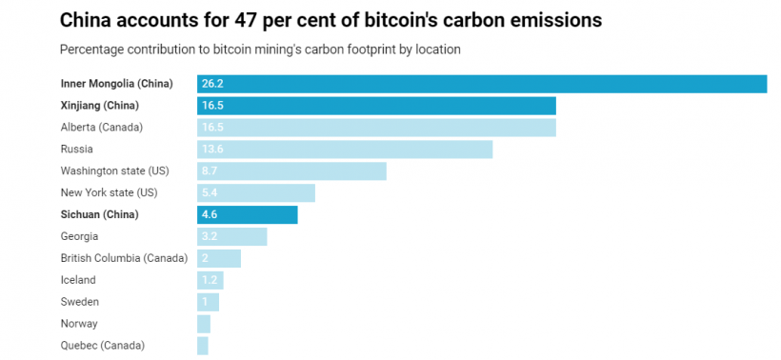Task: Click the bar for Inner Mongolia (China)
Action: (482, 84)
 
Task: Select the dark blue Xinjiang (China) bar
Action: (376, 106)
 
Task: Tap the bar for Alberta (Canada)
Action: (376, 128)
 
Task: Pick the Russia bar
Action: (345, 150)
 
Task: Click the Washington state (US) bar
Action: (291, 171)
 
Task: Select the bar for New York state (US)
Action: (256, 193)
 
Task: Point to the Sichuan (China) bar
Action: (248, 215)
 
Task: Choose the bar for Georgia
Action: (232, 237)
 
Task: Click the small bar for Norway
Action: (204, 324)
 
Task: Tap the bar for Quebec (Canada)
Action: (203, 346)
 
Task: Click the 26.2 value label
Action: (212, 84)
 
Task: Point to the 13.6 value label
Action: (212, 150)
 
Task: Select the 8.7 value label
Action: (210, 171)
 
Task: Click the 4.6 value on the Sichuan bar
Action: (210, 215)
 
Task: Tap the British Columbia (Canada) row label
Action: (124, 258)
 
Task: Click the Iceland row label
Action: (78, 280)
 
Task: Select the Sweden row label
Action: (80, 302)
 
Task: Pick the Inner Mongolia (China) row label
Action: (116, 84)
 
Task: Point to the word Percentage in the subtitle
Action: (94, 49)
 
